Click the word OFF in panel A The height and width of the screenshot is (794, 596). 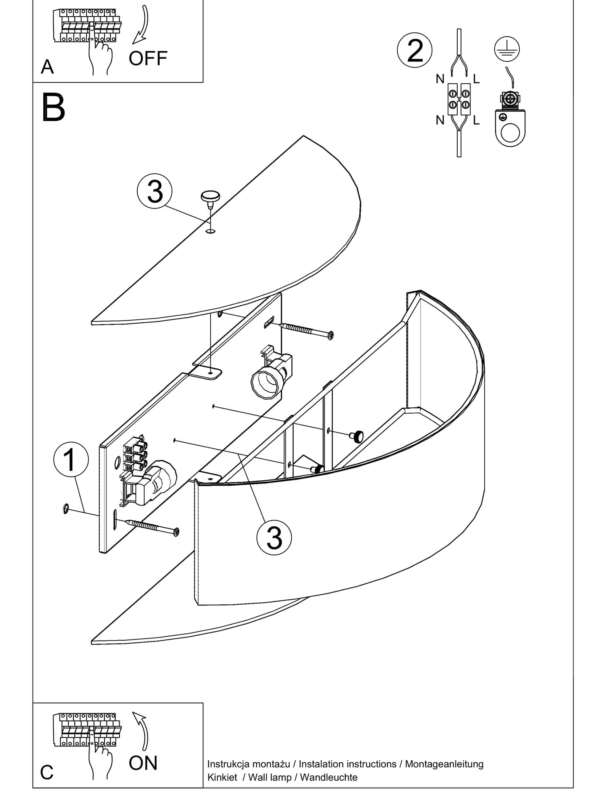tap(148, 58)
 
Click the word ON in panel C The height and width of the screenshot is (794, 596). tap(143, 763)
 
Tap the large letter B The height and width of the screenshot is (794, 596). tap(53, 108)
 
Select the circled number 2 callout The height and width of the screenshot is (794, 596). tap(415, 50)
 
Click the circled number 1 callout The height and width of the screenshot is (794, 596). tap(71, 460)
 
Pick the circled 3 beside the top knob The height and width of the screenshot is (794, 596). tap(155, 191)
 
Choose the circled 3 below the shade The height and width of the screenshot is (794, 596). tap(274, 538)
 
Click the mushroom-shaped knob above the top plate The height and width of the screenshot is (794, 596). tap(210, 197)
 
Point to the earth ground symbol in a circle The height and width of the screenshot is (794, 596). tap(507, 49)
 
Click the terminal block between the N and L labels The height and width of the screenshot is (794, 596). tap(459, 99)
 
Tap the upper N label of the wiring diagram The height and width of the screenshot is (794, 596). tap(440, 79)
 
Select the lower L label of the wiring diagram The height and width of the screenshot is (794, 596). tap(476, 120)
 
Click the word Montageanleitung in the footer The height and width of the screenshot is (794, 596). tap(444, 764)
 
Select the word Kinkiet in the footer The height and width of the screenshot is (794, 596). tap(222, 777)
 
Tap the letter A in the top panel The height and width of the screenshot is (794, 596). tap(47, 67)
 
